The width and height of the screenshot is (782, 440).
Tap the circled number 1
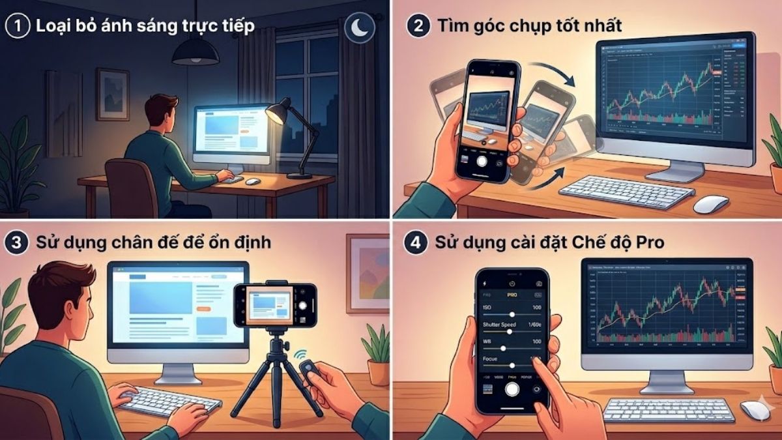pyautogui.click(x=17, y=27)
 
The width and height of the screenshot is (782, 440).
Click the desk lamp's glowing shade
pyautogui.click(x=276, y=112)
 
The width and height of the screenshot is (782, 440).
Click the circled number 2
pyautogui.click(x=416, y=27)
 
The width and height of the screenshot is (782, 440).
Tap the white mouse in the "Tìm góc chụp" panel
pyautogui.click(x=710, y=204)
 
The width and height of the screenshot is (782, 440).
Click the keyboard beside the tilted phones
pyautogui.click(x=626, y=191)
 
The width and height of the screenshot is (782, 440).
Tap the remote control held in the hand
pyautogui.click(x=308, y=374)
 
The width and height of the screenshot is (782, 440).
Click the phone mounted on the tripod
pyautogui.click(x=275, y=305)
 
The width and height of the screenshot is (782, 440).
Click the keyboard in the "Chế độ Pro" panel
pyautogui.click(x=668, y=409)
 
